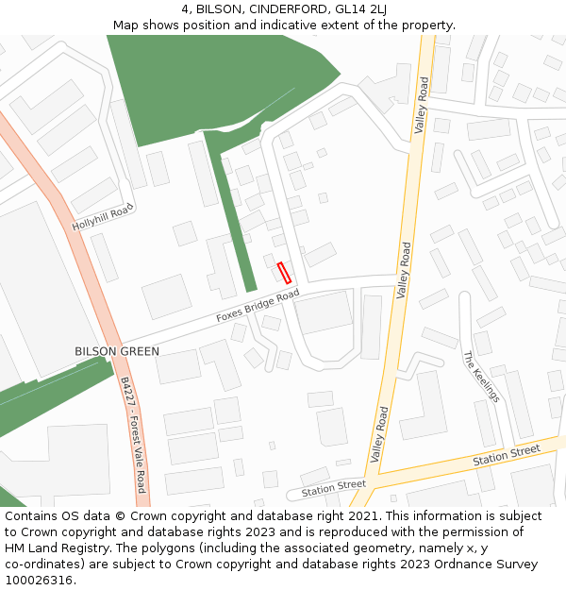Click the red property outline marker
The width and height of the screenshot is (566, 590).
pos(284,273)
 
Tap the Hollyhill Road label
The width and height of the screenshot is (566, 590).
pos(104,218)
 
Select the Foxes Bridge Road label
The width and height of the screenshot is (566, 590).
pos(258,306)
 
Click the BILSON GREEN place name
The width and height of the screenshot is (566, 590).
pos(117,351)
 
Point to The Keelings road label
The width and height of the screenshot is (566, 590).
pos(481,378)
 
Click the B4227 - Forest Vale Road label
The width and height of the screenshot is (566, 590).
pos(133,434)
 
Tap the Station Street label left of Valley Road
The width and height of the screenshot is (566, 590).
pos(333,488)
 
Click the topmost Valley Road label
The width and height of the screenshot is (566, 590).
pos(422,105)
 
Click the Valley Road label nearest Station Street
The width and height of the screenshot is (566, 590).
pos(379,434)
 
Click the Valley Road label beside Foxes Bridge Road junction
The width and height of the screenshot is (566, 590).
pos(405,270)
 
